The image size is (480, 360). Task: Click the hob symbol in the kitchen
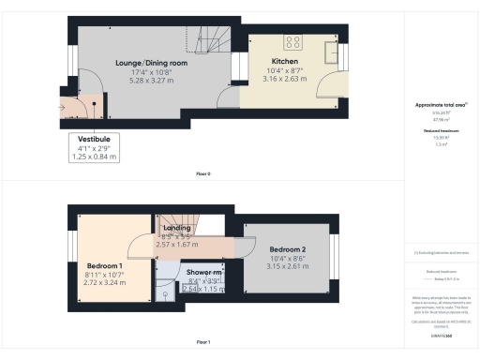292,40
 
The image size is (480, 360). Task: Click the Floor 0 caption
202,174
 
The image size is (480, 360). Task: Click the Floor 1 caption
202,342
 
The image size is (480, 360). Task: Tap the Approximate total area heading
438,104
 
